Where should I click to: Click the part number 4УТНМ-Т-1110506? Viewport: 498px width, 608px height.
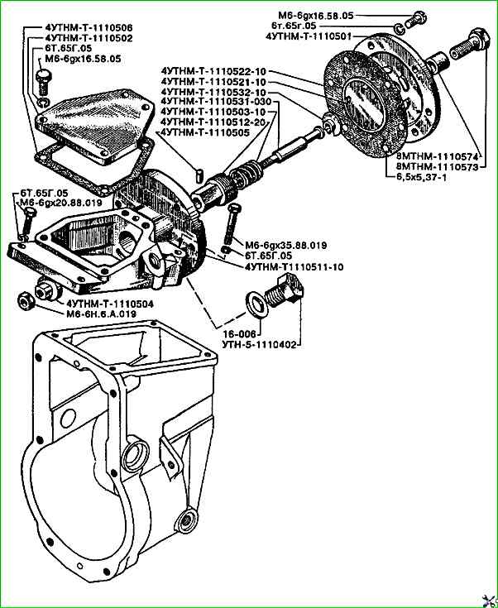point(89,28)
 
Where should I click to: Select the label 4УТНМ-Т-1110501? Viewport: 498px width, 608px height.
point(309,36)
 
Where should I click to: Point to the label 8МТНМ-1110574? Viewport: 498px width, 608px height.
point(438,158)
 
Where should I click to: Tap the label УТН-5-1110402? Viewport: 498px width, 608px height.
point(259,344)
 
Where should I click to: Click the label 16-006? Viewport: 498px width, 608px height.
point(240,334)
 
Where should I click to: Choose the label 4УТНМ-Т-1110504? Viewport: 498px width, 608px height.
point(110,304)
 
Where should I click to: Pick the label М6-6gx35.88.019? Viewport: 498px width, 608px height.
point(286,246)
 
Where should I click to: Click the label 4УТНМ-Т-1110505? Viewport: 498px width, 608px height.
point(205,132)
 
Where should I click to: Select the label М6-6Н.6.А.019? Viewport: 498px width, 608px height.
point(101,314)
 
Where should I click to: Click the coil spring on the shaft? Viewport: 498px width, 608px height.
point(245,174)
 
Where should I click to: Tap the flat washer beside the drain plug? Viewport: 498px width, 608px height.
point(256,304)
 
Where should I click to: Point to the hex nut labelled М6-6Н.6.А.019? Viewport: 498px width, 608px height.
point(26,301)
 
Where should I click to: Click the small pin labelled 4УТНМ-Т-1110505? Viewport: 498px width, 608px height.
point(200,173)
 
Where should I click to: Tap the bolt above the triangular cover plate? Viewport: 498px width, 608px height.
point(43,82)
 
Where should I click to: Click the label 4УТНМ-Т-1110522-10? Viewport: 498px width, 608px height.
point(213,72)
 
